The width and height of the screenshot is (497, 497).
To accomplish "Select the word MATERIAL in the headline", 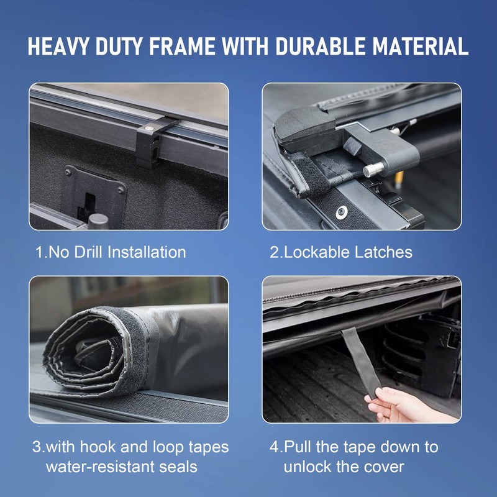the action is (421, 47).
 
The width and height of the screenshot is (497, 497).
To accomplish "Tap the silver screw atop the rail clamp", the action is (148, 129).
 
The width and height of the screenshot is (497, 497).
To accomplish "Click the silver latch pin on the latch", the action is (373, 169).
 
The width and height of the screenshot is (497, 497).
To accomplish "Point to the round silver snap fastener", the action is (341, 212).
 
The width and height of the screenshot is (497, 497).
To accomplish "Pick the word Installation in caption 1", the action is (147, 252).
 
